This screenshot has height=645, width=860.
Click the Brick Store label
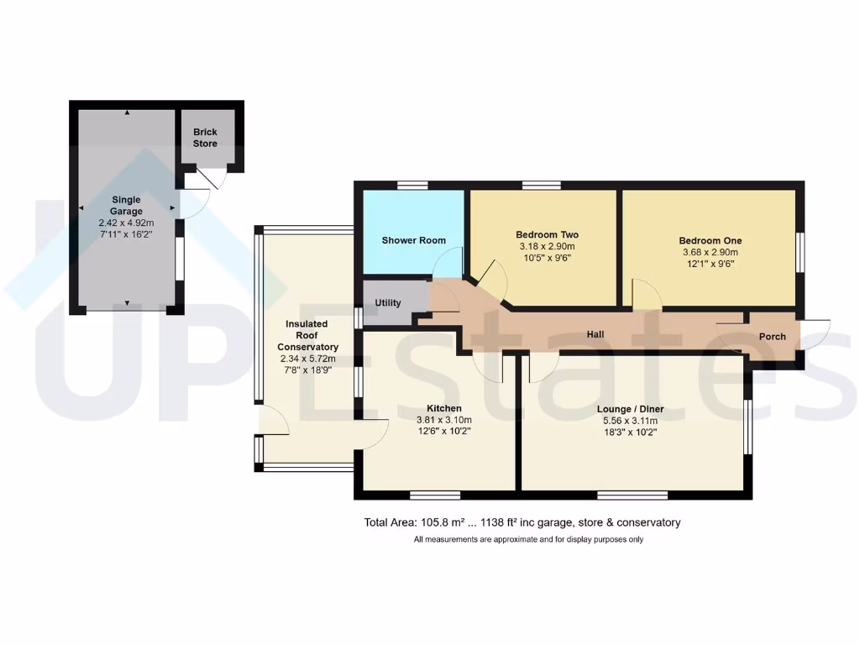click(x=205, y=138)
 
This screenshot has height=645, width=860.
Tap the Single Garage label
click(x=127, y=200)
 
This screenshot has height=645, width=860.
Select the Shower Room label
click(x=413, y=241)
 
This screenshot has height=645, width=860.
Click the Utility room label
click(x=388, y=303)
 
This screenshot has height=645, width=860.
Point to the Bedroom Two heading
click(x=547, y=235)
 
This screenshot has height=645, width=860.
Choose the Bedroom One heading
click(x=710, y=241)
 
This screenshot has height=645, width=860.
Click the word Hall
click(x=595, y=335)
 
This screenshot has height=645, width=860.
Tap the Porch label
click(x=772, y=337)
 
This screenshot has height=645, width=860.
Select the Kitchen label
click(x=444, y=409)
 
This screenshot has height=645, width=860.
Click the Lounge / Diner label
click(x=629, y=409)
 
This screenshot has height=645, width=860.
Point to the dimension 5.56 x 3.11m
click(x=629, y=421)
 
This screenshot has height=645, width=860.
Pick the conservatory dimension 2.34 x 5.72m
click(x=312, y=359)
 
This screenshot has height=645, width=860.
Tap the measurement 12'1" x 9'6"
click(x=710, y=263)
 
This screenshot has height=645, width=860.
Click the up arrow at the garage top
click(x=127, y=113)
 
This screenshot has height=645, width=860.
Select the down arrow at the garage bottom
click(x=127, y=302)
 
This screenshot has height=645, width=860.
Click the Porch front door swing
click(x=815, y=333)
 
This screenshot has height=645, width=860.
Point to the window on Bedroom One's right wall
click(x=800, y=251)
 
